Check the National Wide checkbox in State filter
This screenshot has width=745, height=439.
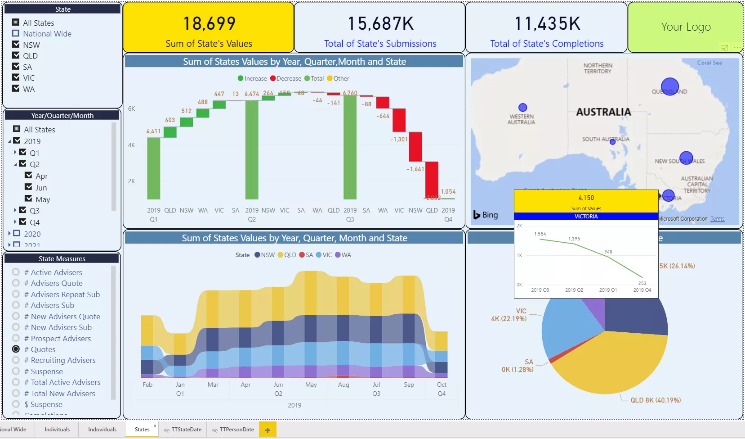(x=16, y=33)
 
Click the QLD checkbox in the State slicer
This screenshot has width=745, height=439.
(x=16, y=55)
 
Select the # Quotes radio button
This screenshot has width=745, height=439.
(x=16, y=349)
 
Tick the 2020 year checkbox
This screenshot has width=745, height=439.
(x=17, y=233)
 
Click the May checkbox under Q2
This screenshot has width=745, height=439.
(x=28, y=199)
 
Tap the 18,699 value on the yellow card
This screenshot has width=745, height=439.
(x=209, y=23)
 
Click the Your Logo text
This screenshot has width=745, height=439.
(x=686, y=27)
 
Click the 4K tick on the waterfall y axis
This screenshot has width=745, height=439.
(x=131, y=145)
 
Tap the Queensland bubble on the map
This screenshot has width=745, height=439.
(x=669, y=86)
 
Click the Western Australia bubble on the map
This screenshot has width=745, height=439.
(x=522, y=107)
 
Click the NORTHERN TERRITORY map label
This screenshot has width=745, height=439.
(x=598, y=68)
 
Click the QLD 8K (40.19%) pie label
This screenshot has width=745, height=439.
(x=655, y=400)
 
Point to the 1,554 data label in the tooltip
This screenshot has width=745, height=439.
(x=540, y=234)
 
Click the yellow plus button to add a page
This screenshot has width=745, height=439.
(x=268, y=430)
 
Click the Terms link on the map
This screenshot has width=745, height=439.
(x=717, y=219)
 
